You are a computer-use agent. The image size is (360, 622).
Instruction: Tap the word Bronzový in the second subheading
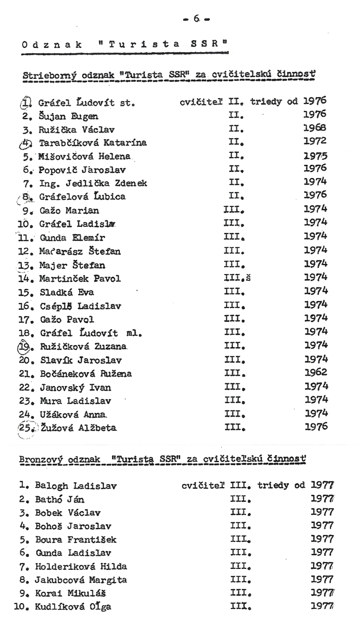pos(41,456)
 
